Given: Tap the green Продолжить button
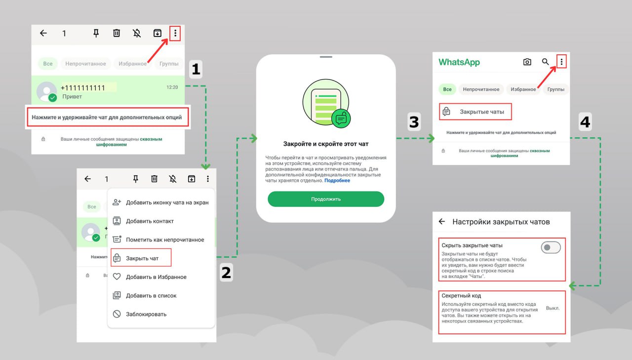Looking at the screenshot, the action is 326,199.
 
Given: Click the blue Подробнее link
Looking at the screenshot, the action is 337,181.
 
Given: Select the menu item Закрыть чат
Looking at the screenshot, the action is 142,258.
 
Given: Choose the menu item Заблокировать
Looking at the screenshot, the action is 146,314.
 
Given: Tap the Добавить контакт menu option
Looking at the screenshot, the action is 150,221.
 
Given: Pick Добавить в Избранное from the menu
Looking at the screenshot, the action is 156,277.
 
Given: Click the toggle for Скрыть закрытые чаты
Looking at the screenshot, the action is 551,247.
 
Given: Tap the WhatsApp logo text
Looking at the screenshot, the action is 459,62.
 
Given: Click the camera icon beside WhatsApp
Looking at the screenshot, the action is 527,62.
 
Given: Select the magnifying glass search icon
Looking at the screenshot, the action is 545,62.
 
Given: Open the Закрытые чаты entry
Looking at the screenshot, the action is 481,112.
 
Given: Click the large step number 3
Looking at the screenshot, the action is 414,122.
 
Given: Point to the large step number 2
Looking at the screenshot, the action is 226,273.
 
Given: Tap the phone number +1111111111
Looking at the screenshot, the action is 82,88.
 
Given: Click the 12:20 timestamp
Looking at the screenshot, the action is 172,87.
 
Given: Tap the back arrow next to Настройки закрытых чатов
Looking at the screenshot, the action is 442,221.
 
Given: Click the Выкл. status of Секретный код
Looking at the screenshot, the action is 553,308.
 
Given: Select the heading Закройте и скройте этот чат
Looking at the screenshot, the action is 326,144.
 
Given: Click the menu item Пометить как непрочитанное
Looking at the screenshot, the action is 165,240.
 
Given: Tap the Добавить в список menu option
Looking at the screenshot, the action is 151,296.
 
